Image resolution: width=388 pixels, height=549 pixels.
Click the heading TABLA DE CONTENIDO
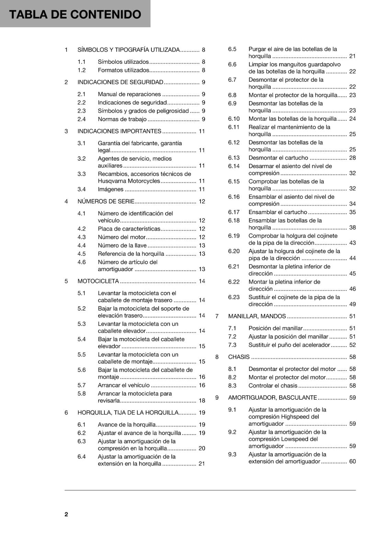pos(75,14)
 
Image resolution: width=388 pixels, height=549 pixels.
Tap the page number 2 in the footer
pos(66,514)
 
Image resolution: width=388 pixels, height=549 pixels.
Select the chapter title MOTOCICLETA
pos(98,281)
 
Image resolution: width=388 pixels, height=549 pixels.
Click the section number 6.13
pos(234,158)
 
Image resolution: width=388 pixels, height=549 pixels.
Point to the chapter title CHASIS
pos(239,357)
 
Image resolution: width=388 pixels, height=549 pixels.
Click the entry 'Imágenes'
pos(111,189)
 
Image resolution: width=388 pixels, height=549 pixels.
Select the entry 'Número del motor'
pos(122,237)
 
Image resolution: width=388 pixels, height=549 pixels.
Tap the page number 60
pos(352,462)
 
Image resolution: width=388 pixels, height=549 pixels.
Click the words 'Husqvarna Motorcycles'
pos(129,181)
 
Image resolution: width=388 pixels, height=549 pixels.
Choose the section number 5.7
pos(81,385)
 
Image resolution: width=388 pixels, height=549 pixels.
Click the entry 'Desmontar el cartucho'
pos(278,158)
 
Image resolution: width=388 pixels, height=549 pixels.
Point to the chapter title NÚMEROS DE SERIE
pos(106,201)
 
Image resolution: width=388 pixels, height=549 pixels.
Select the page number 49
pos(352,304)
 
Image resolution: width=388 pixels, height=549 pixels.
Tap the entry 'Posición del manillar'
pos(275,328)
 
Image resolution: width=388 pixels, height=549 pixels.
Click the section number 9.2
pos(232,432)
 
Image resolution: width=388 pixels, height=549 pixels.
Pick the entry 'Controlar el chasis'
pos(273,386)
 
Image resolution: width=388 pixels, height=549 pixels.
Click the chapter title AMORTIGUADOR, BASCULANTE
pos(272,398)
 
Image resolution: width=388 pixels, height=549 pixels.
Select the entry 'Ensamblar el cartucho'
pos(277,212)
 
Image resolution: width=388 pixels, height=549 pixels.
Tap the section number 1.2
pos(81,70)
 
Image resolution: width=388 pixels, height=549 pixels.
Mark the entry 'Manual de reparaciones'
pos(129,94)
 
